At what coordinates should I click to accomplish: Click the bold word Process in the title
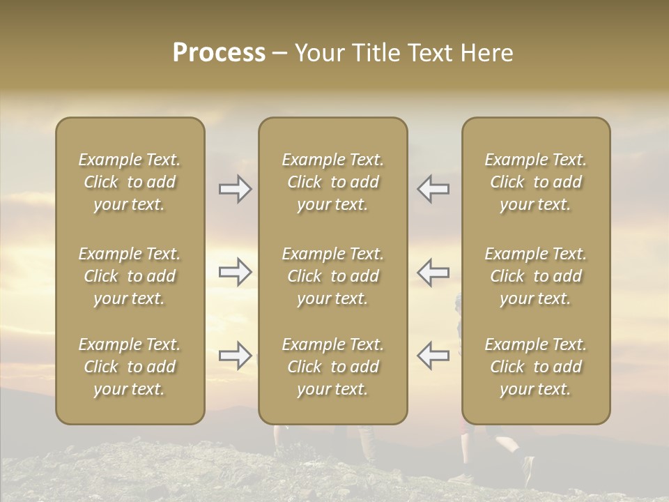tap(219, 53)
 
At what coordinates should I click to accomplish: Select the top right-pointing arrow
tap(235, 189)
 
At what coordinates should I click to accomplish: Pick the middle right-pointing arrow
tap(235, 273)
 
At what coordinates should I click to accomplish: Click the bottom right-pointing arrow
tap(235, 356)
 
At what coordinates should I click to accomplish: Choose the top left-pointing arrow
tap(433, 189)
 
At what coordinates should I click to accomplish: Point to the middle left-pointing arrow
tap(433, 273)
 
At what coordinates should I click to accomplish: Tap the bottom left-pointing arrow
tap(433, 356)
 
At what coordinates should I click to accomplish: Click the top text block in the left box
tap(130, 182)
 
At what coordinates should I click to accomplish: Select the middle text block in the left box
tap(130, 276)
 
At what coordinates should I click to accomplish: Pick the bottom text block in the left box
tap(130, 367)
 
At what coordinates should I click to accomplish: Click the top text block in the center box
tap(333, 182)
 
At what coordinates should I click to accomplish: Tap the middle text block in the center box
tap(333, 276)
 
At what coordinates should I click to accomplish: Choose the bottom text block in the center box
tap(333, 367)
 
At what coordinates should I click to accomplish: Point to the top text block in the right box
tap(536, 182)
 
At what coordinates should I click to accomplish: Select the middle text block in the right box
tap(536, 276)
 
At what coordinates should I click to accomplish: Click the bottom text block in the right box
tap(536, 367)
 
